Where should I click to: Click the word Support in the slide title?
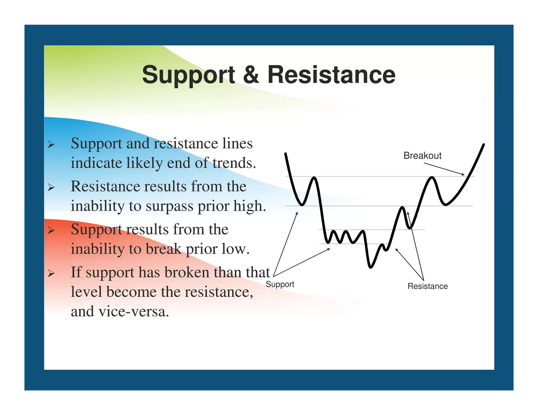click(188, 75)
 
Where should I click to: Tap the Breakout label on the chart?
click(422, 156)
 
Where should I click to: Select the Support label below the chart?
click(280, 284)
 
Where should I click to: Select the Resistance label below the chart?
click(427, 286)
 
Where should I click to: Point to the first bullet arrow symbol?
click(51, 145)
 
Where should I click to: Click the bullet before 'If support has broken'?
click(51, 273)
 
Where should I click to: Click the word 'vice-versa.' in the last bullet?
click(133, 311)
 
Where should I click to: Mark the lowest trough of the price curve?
click(370, 267)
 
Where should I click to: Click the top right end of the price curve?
click(484, 145)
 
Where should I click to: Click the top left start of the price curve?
click(286, 154)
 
